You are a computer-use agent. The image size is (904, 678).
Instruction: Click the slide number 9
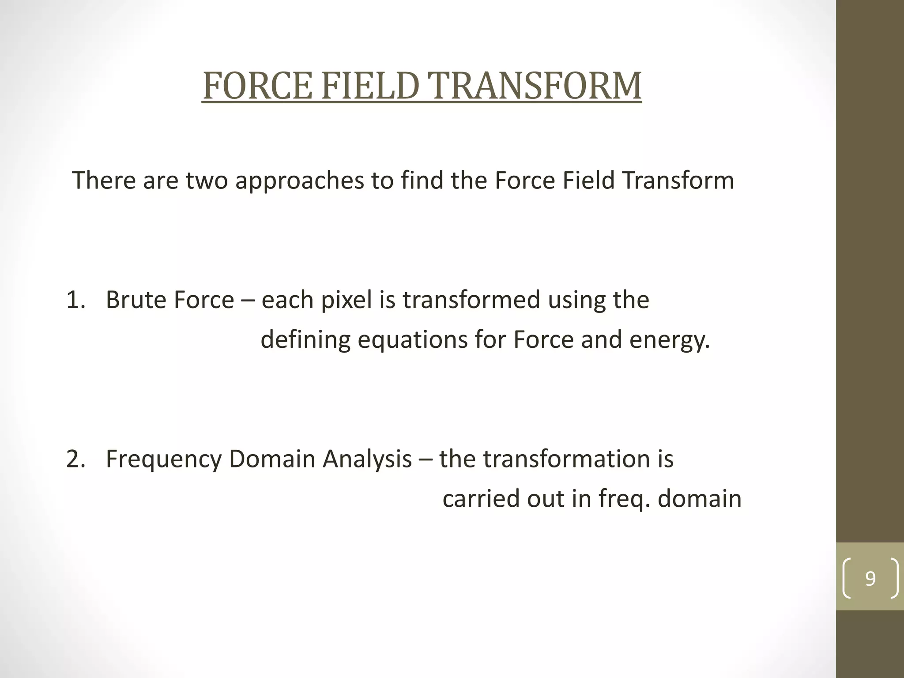click(870, 578)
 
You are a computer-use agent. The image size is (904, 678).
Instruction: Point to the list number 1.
click(75, 300)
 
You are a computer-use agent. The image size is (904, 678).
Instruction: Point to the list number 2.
click(75, 459)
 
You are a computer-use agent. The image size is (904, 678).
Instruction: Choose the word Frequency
click(163, 459)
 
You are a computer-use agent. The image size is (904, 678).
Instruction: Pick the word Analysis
click(367, 459)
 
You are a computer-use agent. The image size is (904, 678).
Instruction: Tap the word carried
click(481, 499)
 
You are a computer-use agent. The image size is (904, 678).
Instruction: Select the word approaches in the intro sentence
click(299, 181)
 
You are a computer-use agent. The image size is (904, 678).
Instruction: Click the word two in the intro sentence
click(206, 181)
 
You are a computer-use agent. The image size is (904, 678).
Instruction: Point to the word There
click(103, 181)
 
